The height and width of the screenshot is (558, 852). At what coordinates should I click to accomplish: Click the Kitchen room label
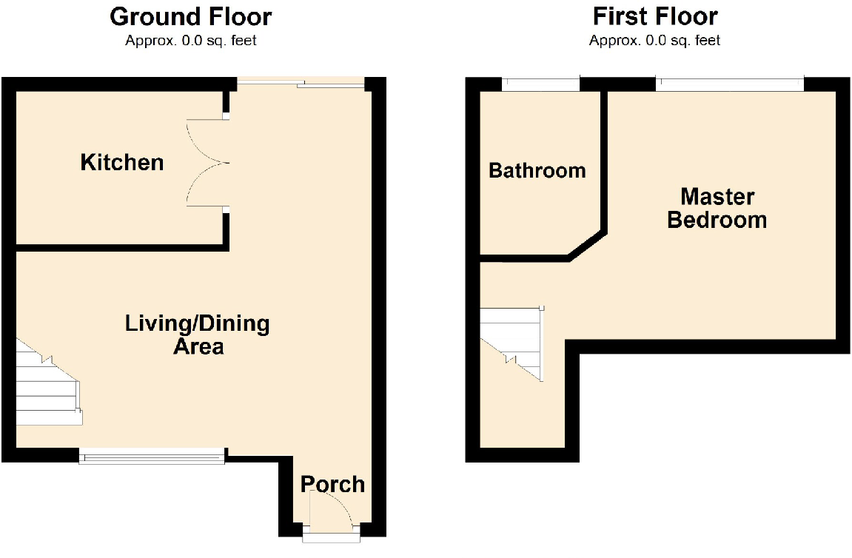coord(122,162)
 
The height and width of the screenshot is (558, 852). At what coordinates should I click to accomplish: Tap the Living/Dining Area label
coord(198,335)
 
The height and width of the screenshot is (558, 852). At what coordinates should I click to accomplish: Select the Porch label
coord(332,484)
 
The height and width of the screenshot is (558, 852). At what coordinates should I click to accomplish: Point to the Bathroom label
coord(537,171)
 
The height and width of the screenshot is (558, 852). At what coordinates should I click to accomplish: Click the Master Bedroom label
coord(717,208)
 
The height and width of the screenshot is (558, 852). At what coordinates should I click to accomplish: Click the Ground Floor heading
coord(191,16)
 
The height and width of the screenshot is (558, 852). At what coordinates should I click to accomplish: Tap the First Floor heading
coord(655,16)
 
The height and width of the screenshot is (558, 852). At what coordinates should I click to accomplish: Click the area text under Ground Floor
coord(191,41)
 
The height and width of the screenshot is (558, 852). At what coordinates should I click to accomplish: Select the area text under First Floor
coord(655,41)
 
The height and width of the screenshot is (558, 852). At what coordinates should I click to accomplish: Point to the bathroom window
coord(540,85)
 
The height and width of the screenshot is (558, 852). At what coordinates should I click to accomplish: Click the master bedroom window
coord(729,85)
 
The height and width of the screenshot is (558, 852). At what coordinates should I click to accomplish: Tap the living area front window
coord(152,458)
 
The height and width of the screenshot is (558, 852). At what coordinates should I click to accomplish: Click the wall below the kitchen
coord(118,247)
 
